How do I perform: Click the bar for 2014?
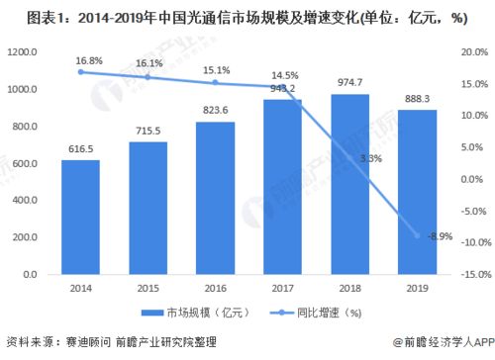coord(80,217)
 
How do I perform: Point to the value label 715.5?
coord(146,130)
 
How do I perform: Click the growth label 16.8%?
coord(80,58)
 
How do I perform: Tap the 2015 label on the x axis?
coord(146,289)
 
